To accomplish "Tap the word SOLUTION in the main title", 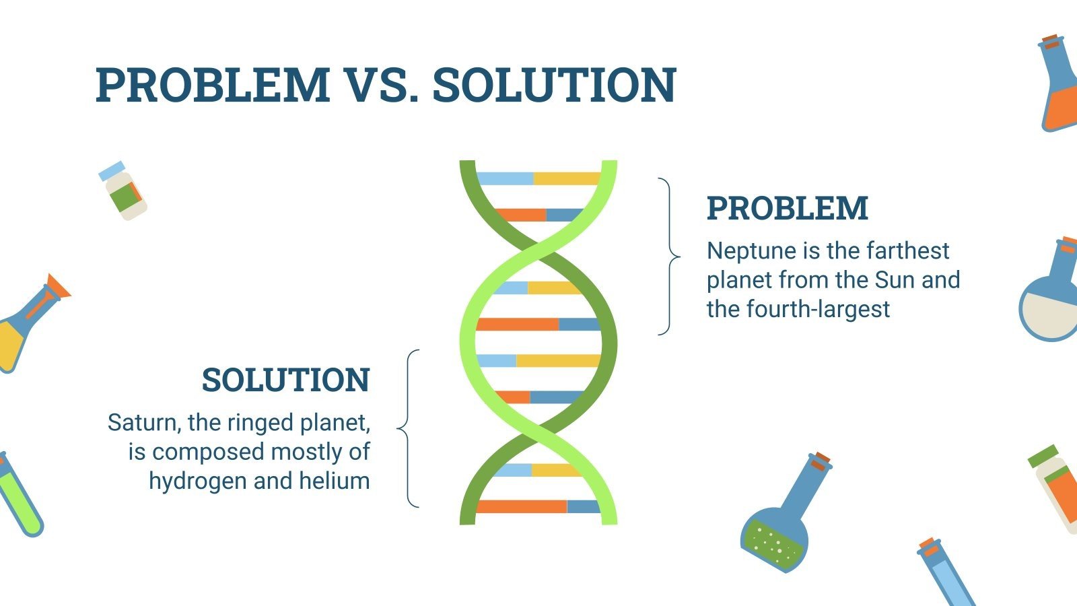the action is click(555, 85).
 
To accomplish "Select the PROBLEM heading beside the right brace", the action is click(788, 208).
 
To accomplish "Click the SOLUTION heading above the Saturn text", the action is click(285, 380).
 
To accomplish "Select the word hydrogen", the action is click(198, 481).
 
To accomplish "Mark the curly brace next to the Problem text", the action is click(670, 257).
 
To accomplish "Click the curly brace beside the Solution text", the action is click(408, 428).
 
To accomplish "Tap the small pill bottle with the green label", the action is click(123, 191).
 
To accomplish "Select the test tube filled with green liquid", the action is click(20, 496).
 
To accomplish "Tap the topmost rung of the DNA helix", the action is click(538, 178).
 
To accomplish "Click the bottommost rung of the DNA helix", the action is click(538, 506).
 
